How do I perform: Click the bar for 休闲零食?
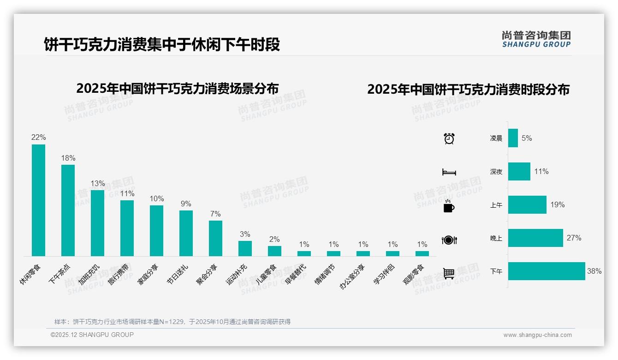tap(38, 200)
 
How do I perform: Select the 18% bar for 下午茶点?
tap(68, 210)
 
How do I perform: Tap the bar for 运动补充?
tap(245, 248)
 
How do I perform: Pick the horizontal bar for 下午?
tap(547, 271)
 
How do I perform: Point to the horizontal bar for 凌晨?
tap(513, 138)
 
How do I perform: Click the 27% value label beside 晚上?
tap(574, 238)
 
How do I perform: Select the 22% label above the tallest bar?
tap(38, 137)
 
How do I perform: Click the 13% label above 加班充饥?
tap(97, 183)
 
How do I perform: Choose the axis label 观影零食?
tap(415, 275)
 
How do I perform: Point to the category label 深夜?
tap(496, 172)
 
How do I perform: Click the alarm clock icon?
tap(449, 138)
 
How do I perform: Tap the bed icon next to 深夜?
tap(449, 172)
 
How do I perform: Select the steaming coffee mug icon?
tap(449, 206)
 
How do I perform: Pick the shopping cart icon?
tap(449, 273)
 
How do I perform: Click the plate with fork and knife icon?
tap(449, 240)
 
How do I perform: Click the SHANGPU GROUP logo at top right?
tap(536, 39)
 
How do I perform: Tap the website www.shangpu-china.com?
tap(537, 335)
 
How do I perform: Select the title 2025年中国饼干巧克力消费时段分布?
tap(468, 89)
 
